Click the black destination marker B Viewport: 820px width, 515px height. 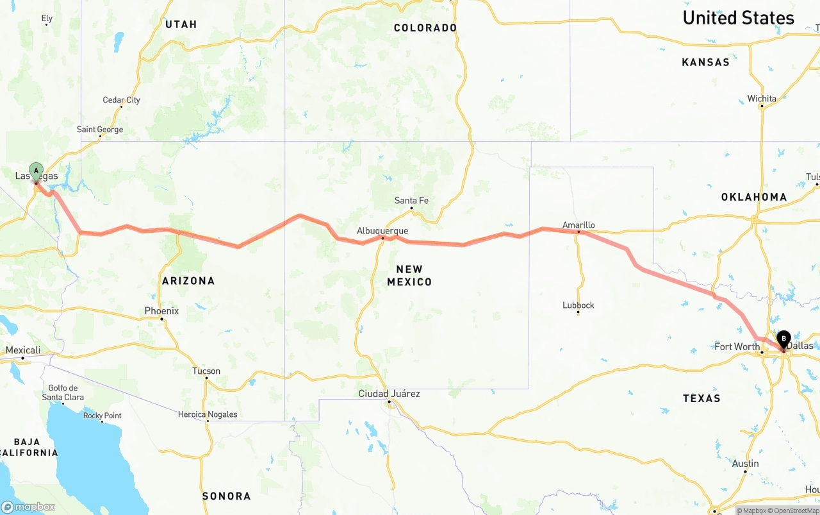coord(783,339)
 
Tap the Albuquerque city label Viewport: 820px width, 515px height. coord(382,231)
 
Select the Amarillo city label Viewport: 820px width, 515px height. coord(578,225)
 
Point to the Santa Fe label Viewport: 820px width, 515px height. coord(411,201)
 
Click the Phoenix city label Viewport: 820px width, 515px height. coord(161,311)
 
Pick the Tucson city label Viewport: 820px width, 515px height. coord(206,371)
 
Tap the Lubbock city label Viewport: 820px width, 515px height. coord(578,305)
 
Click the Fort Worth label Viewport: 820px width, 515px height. coord(737,347)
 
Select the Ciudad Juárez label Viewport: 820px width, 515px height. coord(389,394)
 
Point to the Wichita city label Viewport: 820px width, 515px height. coord(762,99)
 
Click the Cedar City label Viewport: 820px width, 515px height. coord(121,100)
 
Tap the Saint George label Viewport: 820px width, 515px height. coord(100,130)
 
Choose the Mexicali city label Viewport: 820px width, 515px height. coord(23,350)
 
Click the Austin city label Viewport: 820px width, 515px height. coord(745,464)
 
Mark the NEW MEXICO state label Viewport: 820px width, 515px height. coord(409,275)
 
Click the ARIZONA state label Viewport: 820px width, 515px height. coord(188,281)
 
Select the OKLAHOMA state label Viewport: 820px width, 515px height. coord(754,197)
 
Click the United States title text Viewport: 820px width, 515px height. coord(738,18)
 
